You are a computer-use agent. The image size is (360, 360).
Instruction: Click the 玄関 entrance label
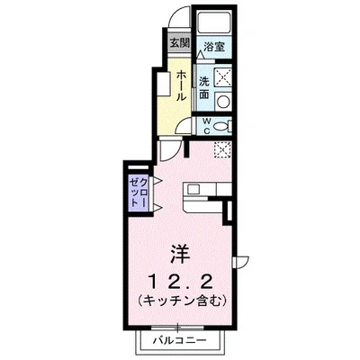click(x=179, y=42)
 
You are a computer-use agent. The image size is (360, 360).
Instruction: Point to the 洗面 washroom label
click(x=204, y=88)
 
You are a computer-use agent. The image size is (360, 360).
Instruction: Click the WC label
click(x=206, y=126)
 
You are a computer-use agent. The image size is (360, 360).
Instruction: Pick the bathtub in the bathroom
click(x=214, y=24)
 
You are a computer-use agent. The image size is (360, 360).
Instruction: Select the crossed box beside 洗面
click(x=224, y=77)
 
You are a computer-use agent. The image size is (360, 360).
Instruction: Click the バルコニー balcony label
click(x=184, y=341)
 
